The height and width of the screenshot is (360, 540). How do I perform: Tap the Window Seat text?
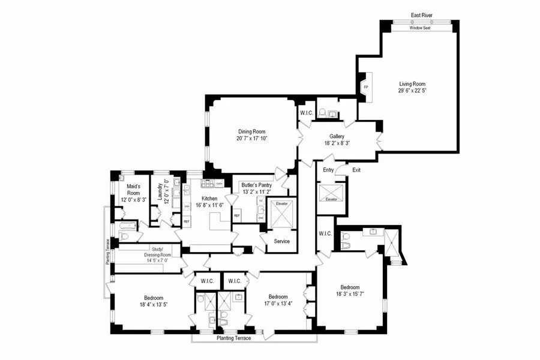[x=420, y=28]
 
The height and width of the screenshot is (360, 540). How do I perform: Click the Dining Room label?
[x=251, y=131]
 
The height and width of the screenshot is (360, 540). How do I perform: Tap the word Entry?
[x=328, y=170]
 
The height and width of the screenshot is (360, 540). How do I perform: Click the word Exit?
[x=356, y=170]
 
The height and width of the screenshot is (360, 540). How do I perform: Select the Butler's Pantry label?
[x=257, y=186]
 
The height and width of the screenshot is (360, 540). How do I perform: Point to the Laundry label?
[x=160, y=191]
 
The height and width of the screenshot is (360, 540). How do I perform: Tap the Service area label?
[x=282, y=241]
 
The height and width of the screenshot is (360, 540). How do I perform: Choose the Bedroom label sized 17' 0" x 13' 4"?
[x=278, y=296]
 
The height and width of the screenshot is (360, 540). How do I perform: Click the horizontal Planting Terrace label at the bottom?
[x=234, y=338]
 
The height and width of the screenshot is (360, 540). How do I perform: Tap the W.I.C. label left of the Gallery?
[x=307, y=112]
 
